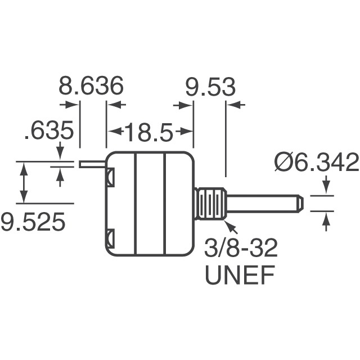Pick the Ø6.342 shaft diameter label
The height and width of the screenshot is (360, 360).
[x=316, y=163]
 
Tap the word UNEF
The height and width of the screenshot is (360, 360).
[x=240, y=276]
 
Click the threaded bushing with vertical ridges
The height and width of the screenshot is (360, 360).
[x=211, y=204]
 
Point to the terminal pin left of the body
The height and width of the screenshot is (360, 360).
[x=93, y=164]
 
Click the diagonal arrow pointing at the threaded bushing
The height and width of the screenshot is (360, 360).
[x=231, y=227]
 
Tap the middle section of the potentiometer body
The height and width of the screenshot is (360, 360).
[x=150, y=204]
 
